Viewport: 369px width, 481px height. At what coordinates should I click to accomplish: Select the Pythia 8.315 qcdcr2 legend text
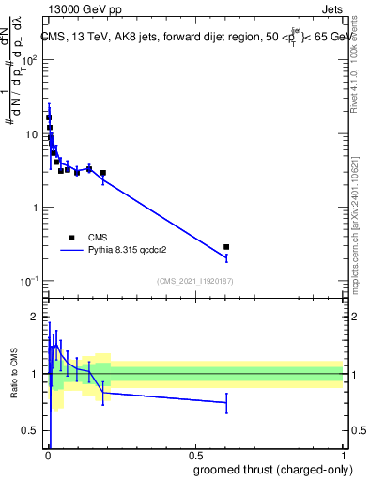(129, 251)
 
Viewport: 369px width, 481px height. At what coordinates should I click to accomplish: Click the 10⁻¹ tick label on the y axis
(30, 281)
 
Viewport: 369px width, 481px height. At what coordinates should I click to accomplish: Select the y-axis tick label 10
(32, 134)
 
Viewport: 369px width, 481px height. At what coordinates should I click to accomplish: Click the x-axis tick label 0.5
(194, 454)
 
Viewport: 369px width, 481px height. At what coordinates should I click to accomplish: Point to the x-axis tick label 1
(343, 454)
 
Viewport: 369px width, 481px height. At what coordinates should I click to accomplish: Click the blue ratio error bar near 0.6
(226, 403)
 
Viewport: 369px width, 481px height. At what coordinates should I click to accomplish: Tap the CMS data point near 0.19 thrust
(103, 173)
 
